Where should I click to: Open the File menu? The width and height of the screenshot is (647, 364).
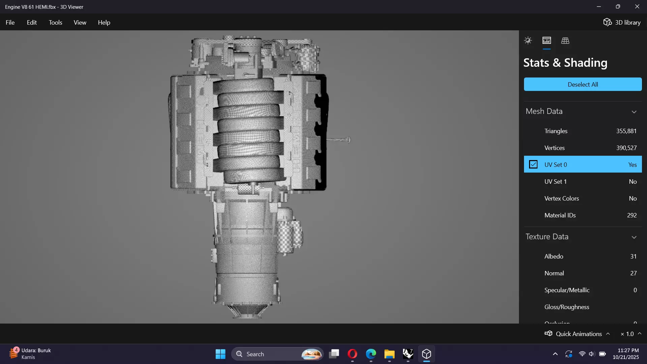[10, 23]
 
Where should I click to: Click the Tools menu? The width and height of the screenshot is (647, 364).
[55, 23]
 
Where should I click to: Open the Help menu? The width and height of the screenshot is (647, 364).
[104, 23]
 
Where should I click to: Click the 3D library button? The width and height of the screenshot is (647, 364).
[622, 23]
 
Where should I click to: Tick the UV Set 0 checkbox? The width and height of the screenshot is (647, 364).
[533, 164]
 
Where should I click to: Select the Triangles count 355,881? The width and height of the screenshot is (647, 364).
[626, 131]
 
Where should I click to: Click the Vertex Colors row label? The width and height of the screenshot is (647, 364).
[561, 199]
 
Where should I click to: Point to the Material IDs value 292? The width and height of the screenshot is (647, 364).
[631, 215]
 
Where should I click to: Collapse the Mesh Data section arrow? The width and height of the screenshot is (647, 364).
[634, 112]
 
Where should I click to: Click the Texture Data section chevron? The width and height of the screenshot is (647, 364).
[634, 237]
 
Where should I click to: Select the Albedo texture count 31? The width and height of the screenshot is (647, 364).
[633, 256]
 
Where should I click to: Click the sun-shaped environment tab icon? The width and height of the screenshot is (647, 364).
[528, 41]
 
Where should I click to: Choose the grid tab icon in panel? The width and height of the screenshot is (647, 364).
[565, 41]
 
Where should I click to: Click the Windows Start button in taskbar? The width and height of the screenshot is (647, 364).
[220, 354]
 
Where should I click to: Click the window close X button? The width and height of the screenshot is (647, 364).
[637, 7]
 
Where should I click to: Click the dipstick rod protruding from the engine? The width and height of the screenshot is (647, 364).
[339, 140]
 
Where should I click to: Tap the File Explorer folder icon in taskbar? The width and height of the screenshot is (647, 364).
[389, 354]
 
